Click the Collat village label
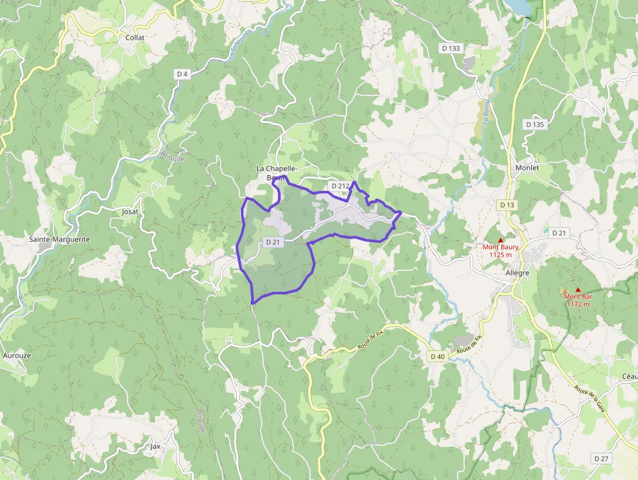coord(135,37)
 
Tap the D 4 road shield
coord(182,74)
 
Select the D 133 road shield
coord(451,48)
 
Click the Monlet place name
coord(527,167)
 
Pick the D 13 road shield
coord(507,205)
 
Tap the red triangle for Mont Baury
coord(501,240)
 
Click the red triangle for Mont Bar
coord(577,289)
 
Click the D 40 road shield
coord(437,356)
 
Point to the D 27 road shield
coord(602,459)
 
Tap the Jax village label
coord(155,446)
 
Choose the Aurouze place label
coord(17,356)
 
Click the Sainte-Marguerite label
coord(59,239)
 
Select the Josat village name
coord(130,212)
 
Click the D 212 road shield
coord(340,186)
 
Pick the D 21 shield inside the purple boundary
coord(273,242)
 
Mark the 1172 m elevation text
coord(577,304)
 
